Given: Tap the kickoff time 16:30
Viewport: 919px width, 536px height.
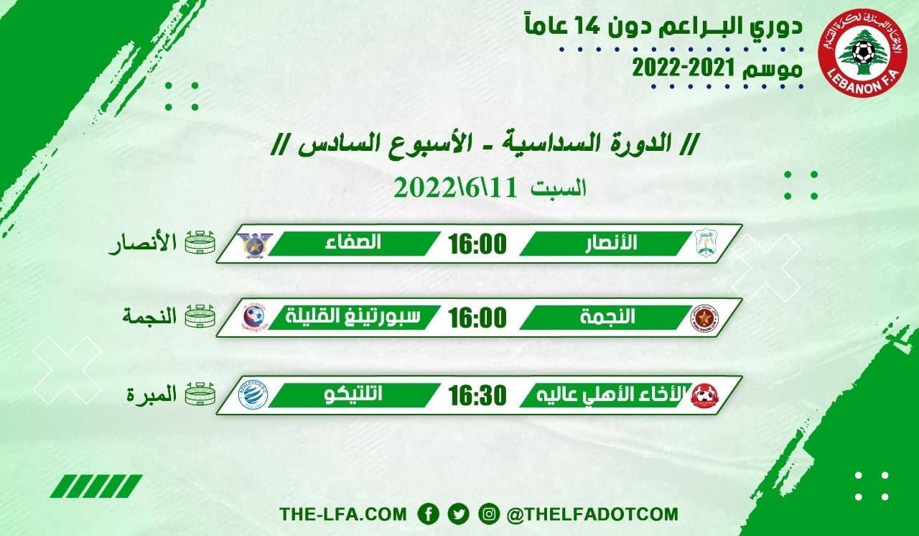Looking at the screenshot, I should pyautogui.click(x=477, y=394).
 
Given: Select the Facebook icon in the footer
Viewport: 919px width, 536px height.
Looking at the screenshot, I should pyautogui.click(x=429, y=514).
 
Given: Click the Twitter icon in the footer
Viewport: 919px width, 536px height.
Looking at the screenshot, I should pyautogui.click(x=458, y=514).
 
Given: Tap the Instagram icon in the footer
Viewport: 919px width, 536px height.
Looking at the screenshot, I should pyautogui.click(x=488, y=514).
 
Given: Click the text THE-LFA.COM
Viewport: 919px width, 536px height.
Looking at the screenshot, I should pyautogui.click(x=343, y=514).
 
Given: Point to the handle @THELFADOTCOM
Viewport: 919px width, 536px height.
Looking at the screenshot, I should pyautogui.click(x=592, y=514).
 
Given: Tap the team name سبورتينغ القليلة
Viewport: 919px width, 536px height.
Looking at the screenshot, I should pyautogui.click(x=353, y=317).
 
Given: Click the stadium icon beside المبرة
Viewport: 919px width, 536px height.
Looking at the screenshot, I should pyautogui.click(x=200, y=394).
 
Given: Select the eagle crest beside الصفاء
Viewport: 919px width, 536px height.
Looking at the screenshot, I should pyautogui.click(x=253, y=244).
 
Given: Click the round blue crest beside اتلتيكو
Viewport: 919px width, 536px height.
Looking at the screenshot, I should pyautogui.click(x=253, y=395).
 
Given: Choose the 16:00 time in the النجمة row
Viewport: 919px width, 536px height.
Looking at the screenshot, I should pyautogui.click(x=477, y=317).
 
